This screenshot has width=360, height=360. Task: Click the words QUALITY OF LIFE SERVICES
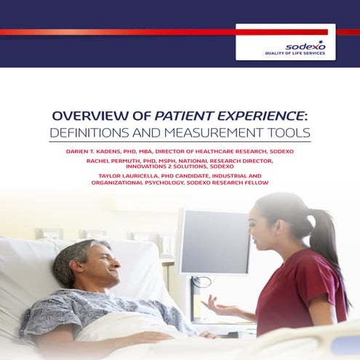(x=295, y=54)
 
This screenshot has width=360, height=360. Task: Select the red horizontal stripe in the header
(x=116, y=32)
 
